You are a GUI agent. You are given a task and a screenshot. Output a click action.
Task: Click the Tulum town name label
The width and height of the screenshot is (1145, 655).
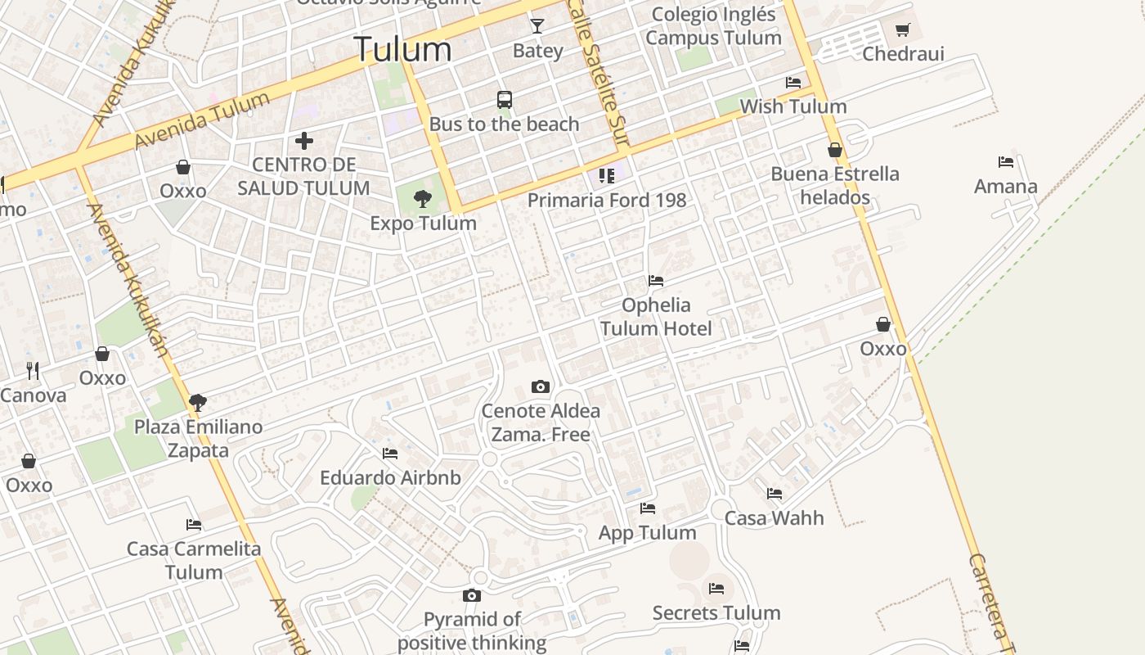[402, 49]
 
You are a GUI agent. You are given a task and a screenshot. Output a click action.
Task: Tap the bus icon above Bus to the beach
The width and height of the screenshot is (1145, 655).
[505, 100]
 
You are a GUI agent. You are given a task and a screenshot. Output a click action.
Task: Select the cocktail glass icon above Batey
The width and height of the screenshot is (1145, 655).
[537, 26]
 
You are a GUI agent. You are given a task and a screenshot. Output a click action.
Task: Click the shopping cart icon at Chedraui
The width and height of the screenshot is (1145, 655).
[903, 30]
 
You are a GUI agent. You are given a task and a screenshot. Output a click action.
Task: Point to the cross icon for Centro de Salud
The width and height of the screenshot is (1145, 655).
[304, 141]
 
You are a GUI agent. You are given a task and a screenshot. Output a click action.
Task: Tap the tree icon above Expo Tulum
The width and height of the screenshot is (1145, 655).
[423, 198]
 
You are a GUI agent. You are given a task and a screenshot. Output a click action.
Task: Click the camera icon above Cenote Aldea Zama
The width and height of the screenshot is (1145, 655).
[541, 386]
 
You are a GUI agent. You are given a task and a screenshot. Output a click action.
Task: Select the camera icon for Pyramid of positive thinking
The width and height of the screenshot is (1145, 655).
[472, 595]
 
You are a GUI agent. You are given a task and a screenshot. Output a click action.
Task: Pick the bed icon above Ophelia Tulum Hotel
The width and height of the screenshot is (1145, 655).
[656, 281]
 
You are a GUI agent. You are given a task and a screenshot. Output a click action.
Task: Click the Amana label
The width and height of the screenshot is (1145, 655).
[1005, 187]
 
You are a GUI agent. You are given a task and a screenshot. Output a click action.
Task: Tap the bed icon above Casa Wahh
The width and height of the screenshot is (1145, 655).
[775, 494]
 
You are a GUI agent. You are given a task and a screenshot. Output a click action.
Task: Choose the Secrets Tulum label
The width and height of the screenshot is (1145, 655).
[716, 612]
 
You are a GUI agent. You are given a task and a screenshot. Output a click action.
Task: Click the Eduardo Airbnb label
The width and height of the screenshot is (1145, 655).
[390, 477]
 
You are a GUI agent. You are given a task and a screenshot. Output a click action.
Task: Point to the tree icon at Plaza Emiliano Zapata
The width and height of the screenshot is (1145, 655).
[197, 402]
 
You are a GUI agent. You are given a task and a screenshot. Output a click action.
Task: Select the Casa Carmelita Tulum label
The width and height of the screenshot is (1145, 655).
[194, 560]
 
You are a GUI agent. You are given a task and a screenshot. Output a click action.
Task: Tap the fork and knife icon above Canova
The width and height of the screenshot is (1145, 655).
[33, 371]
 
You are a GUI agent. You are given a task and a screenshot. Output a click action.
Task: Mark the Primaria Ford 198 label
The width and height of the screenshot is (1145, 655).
[607, 200]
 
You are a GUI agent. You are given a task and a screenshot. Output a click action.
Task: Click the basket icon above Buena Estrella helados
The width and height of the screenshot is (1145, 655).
[835, 150]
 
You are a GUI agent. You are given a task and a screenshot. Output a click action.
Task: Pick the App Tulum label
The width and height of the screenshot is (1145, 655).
[648, 533]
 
